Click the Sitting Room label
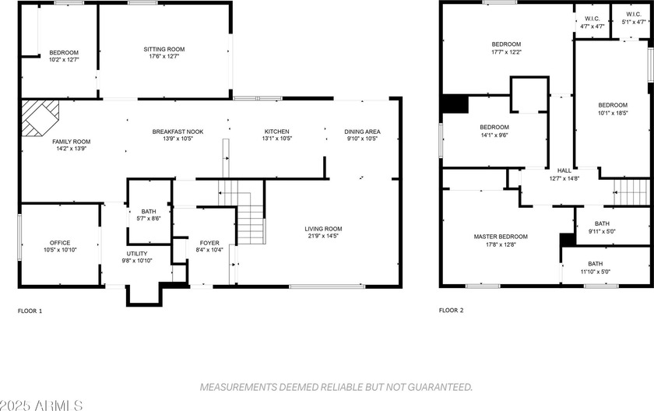[163, 49]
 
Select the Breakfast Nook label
[178, 132]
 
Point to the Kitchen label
[276, 132]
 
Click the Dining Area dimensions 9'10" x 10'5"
[362, 139]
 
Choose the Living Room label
[323, 229]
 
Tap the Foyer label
[209, 243]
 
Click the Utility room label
[137, 254]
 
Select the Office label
[60, 243]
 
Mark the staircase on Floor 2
[631, 189]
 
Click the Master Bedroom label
[501, 237]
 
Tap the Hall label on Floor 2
[564, 170]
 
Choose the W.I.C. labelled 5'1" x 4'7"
[633, 22]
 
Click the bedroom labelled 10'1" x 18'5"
[613, 105]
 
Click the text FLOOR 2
[451, 311]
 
